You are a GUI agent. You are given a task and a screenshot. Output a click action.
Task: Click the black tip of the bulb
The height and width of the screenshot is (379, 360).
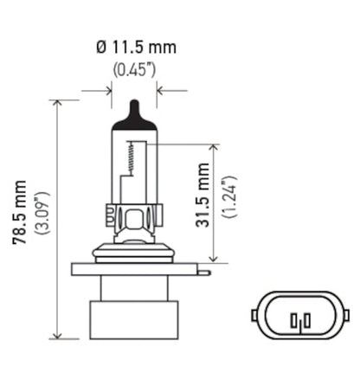coord(132,111)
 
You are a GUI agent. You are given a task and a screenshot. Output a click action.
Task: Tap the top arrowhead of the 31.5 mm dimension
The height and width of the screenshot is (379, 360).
coord(213,148)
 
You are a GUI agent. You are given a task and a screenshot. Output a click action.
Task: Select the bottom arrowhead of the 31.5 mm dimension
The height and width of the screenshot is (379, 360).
coord(213,259)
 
